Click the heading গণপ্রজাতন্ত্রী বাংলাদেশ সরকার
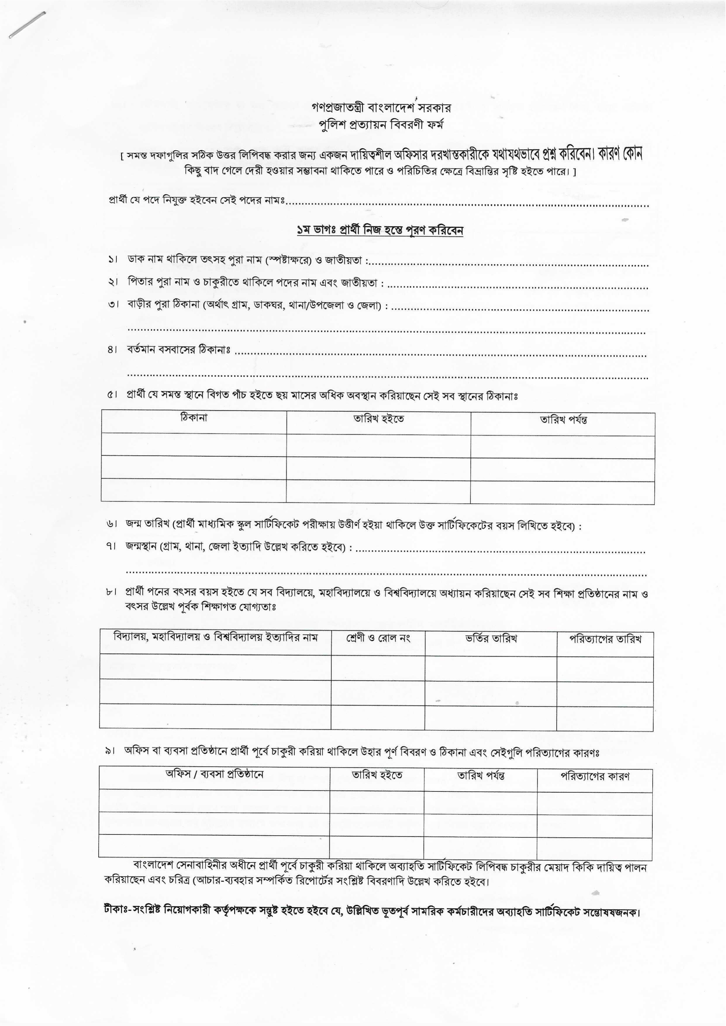381,108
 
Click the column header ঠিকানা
193,418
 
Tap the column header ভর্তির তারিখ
491,639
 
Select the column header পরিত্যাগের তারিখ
605,639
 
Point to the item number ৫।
112,395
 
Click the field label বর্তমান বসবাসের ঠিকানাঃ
178,350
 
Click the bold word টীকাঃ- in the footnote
117,909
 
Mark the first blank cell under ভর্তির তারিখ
490,669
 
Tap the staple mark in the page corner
27,25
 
